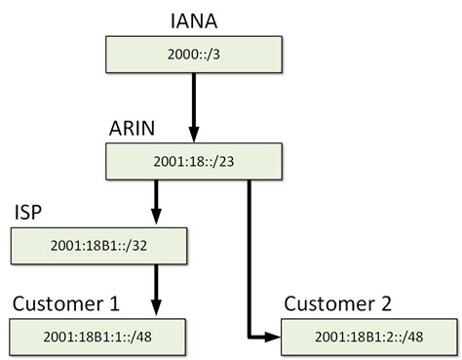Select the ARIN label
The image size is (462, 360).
click(x=134, y=128)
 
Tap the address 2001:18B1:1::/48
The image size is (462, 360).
click(x=83, y=337)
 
